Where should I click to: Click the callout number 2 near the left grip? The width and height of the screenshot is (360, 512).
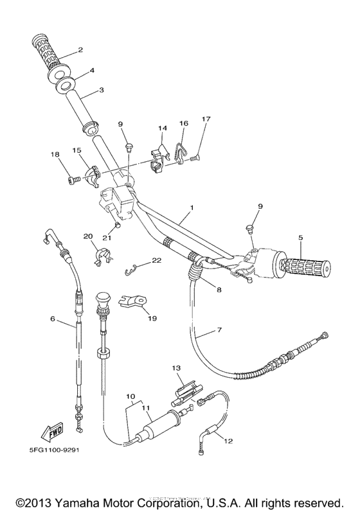point(80,49)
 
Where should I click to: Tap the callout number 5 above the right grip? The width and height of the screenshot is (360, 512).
point(300,237)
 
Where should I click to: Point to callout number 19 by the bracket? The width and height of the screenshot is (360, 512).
point(152,318)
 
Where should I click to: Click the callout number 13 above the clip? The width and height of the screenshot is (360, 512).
point(177,367)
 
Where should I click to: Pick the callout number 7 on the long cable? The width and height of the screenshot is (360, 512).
point(219,330)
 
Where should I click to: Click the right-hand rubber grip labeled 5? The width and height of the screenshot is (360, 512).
point(303,265)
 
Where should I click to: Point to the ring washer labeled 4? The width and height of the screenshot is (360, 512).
point(65,85)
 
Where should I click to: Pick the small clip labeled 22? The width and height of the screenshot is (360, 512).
point(132,269)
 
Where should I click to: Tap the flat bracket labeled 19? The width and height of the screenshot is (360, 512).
point(134,299)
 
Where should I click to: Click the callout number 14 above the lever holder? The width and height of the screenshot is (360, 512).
point(162,128)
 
